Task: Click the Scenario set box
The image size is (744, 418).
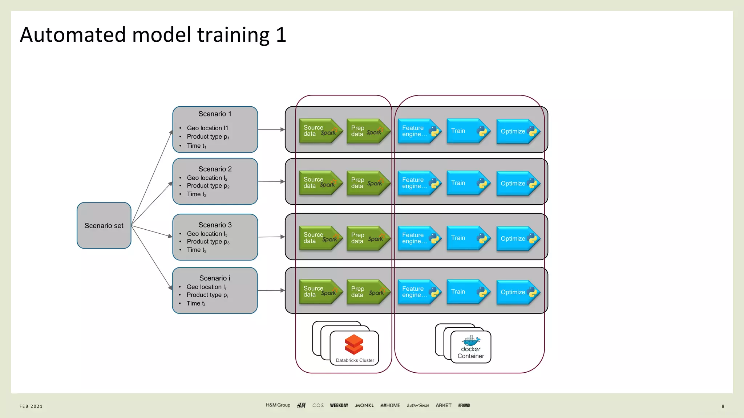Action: (104, 225)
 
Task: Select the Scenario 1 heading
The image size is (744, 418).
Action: (215, 114)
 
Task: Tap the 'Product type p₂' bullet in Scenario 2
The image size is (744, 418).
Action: (208, 186)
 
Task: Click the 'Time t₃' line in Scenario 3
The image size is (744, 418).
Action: (197, 250)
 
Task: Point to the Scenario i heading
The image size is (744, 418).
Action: (214, 278)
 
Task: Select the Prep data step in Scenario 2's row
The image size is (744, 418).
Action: (367, 183)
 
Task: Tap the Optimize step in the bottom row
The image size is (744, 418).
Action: (517, 292)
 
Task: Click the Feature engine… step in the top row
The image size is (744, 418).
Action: (418, 131)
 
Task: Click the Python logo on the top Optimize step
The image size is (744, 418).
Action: (533, 131)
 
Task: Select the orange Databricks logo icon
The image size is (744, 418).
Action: (354, 344)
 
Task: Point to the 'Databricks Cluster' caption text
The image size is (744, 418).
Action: (355, 360)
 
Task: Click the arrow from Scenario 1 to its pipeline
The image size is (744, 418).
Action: (271, 129)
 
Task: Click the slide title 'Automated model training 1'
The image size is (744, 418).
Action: (153, 35)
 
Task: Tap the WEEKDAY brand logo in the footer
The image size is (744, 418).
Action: (339, 405)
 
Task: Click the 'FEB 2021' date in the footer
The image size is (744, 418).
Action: (31, 406)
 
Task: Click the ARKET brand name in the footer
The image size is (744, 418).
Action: (443, 405)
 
